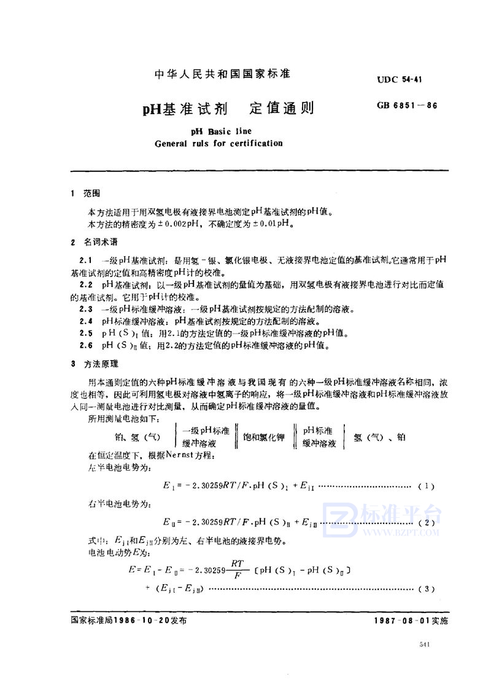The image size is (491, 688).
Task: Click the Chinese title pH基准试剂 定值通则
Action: (x=228, y=109)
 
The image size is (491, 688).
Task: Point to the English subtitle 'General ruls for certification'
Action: (x=218, y=144)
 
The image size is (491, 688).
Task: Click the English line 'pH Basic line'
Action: (x=218, y=131)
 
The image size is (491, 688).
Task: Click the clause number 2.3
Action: (x=86, y=309)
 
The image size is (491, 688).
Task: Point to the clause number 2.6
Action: (x=86, y=346)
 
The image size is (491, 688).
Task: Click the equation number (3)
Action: (x=426, y=590)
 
